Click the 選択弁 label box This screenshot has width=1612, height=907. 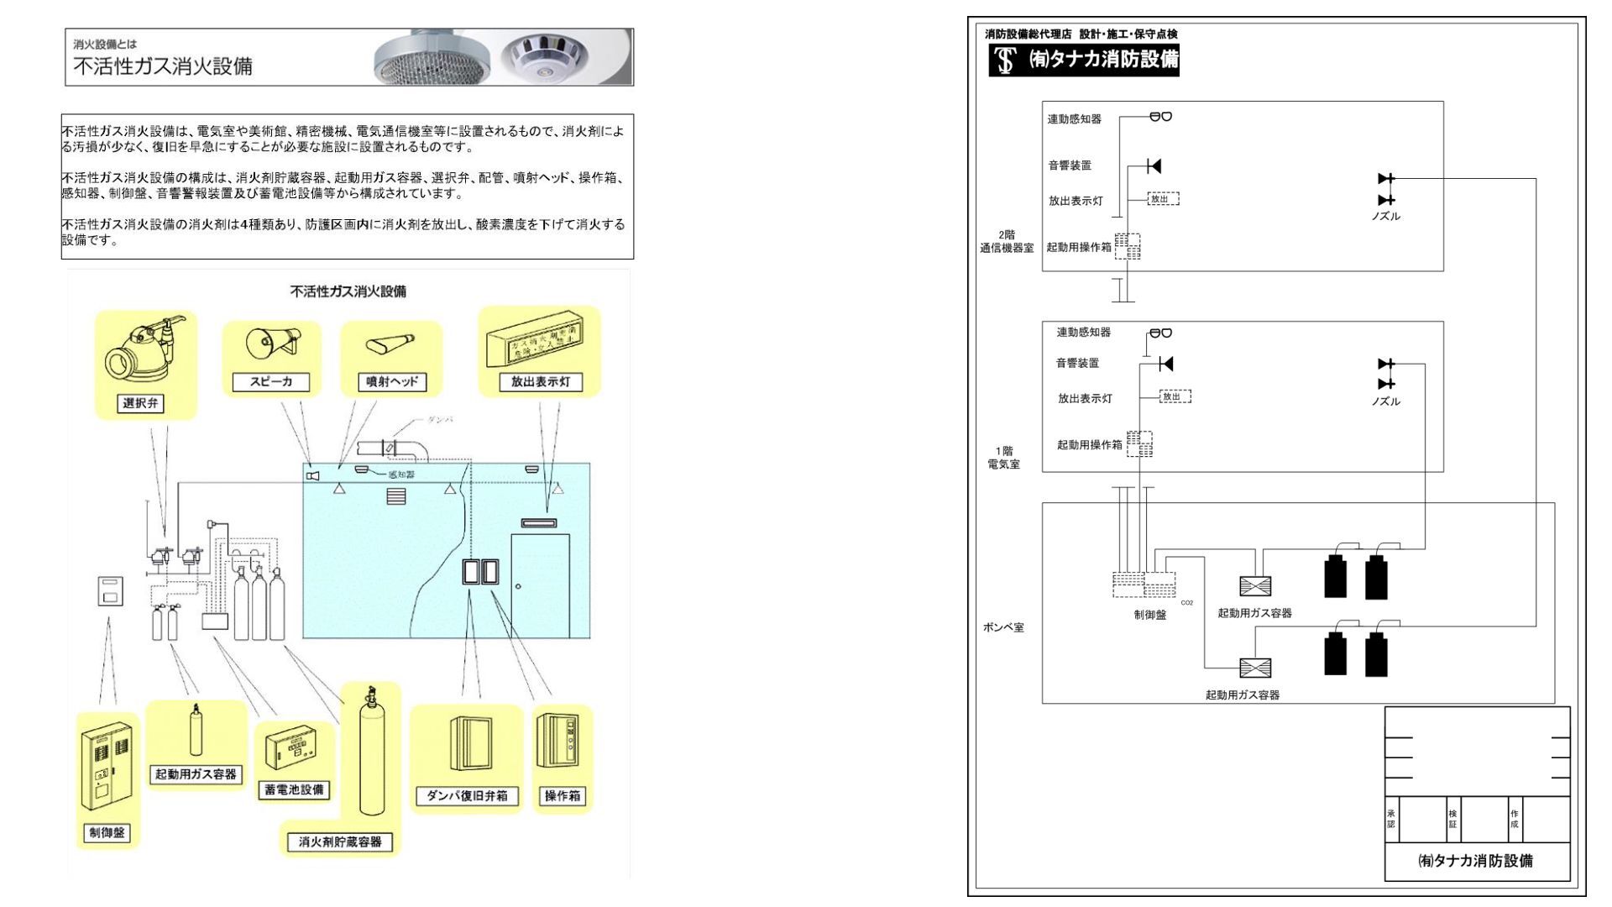click(140, 403)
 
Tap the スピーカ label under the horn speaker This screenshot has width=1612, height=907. click(271, 382)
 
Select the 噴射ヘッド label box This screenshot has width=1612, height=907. click(392, 382)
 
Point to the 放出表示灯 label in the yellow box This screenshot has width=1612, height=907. click(540, 382)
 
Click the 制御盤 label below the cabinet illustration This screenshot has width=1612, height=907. click(107, 832)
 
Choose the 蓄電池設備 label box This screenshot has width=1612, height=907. click(294, 789)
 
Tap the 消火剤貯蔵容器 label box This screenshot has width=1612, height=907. click(340, 841)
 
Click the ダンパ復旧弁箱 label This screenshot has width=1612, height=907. click(467, 795)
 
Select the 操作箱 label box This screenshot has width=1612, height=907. click(563, 795)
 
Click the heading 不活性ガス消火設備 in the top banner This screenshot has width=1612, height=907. click(163, 66)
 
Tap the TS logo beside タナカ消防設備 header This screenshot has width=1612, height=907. click(1004, 60)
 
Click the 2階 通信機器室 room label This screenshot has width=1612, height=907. click(1007, 242)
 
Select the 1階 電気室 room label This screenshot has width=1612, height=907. click(1003, 458)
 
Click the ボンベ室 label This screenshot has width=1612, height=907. click(1003, 627)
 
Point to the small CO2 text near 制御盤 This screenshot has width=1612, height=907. click(1186, 603)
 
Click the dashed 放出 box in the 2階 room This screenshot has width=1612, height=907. click(1163, 199)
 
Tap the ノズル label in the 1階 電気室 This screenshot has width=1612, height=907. click(1385, 401)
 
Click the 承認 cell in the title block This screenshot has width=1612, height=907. click(1391, 819)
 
